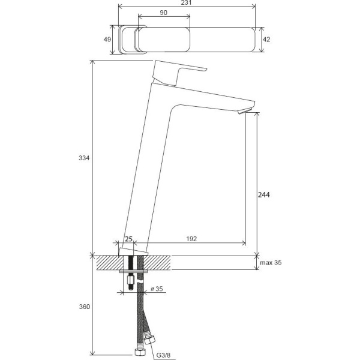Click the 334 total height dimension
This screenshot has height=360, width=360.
pyautogui.click(x=84, y=158)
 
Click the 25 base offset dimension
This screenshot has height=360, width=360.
pyautogui.click(x=128, y=239)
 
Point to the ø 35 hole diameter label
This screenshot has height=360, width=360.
pyautogui.click(x=157, y=289)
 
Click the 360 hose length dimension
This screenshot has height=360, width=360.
pyautogui.click(x=84, y=307)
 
